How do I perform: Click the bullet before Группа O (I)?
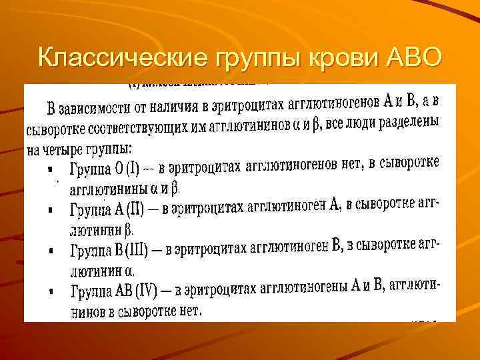(x=51, y=170)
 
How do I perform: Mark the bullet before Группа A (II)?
(x=51, y=210)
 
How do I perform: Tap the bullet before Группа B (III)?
(x=51, y=251)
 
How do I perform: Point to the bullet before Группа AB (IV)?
(x=51, y=291)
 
